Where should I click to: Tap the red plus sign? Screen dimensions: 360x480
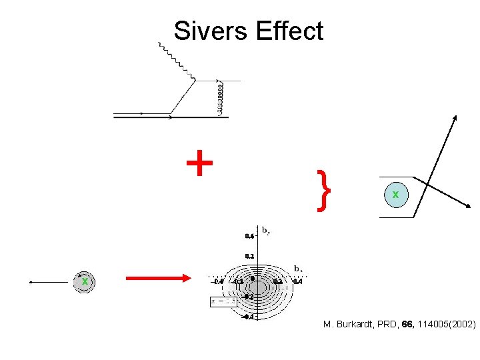coord(199,163)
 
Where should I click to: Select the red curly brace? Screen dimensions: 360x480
coord(323,191)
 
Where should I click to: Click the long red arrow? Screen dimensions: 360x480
coord(158,279)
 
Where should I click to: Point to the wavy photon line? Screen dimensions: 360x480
coord(177,63)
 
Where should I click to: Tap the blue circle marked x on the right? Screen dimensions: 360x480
coord(396,195)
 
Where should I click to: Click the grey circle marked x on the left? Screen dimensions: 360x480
coord(85,282)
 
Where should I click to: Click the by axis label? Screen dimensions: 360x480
coord(265,231)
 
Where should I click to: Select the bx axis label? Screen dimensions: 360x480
coord(299,269)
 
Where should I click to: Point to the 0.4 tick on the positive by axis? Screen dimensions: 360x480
coord(249,236)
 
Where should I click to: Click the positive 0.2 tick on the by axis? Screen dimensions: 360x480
coord(249,255)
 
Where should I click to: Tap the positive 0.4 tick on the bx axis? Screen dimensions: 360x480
coord(298,281)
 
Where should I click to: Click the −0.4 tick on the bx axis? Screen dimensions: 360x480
coord(218,281)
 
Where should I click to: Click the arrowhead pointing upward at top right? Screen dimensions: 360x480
coord(455,118)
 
